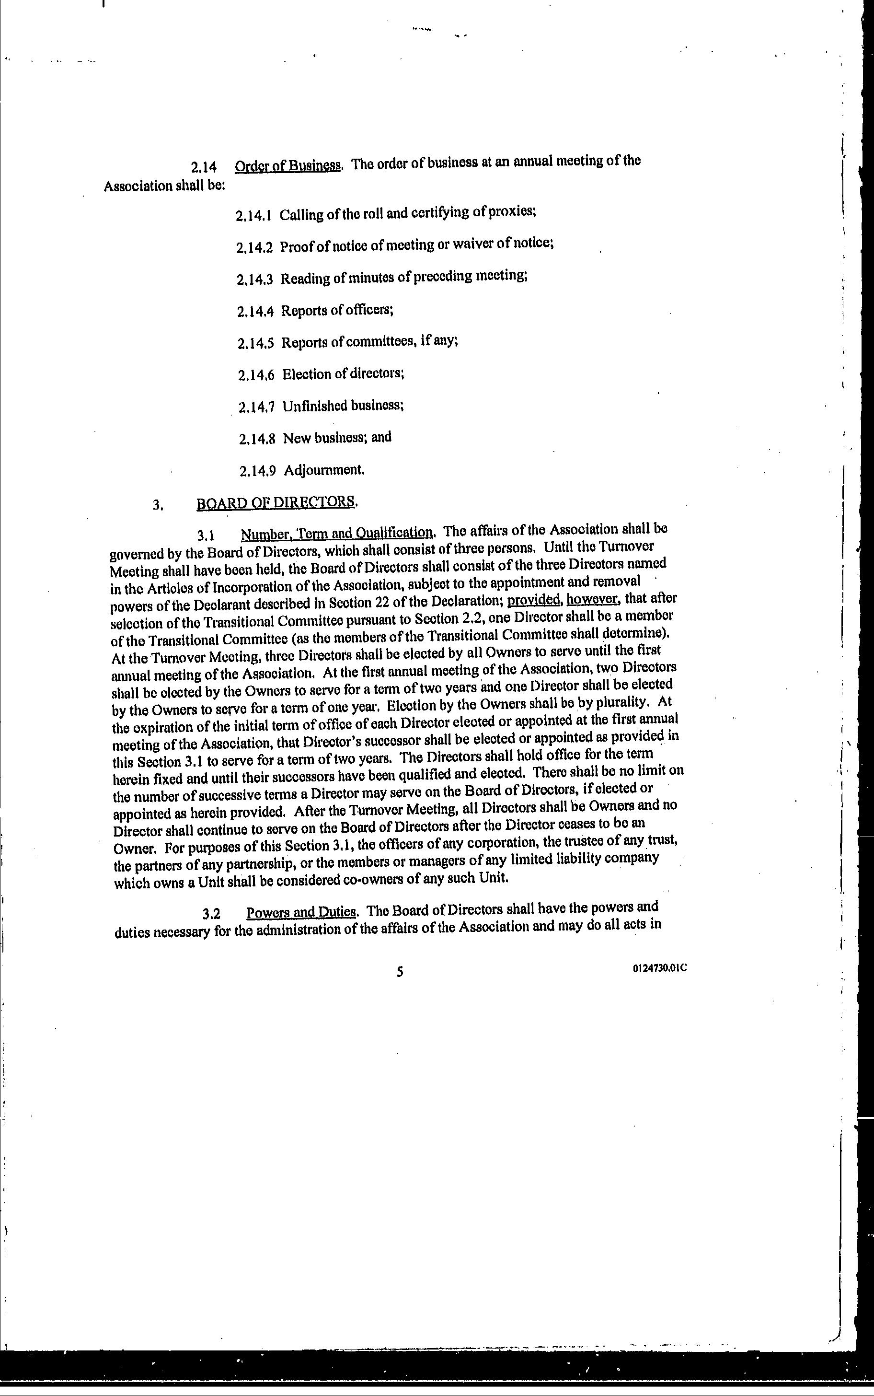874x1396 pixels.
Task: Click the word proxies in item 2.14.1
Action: (x=512, y=212)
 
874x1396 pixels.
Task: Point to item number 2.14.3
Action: (x=254, y=280)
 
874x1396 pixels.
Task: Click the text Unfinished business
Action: (x=343, y=406)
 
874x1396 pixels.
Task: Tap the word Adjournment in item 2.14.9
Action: (x=324, y=470)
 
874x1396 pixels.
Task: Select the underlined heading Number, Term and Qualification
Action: (x=337, y=533)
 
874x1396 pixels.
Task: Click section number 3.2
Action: (x=212, y=914)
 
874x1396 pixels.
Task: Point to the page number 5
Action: (x=400, y=972)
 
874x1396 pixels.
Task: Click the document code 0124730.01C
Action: (x=659, y=968)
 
